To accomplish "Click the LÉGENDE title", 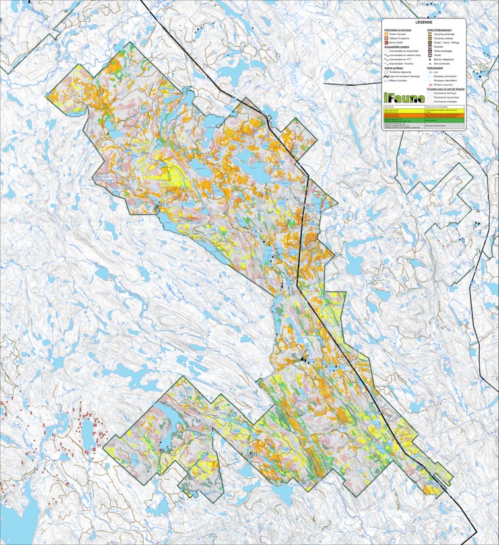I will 424,22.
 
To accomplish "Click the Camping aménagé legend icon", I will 430,34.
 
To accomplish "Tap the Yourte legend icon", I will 430,55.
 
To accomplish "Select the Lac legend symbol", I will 430,72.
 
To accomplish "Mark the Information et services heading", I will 399,30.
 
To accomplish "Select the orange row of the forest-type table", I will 423,116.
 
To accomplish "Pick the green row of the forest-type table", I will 423,120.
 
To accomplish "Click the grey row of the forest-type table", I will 423,126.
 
